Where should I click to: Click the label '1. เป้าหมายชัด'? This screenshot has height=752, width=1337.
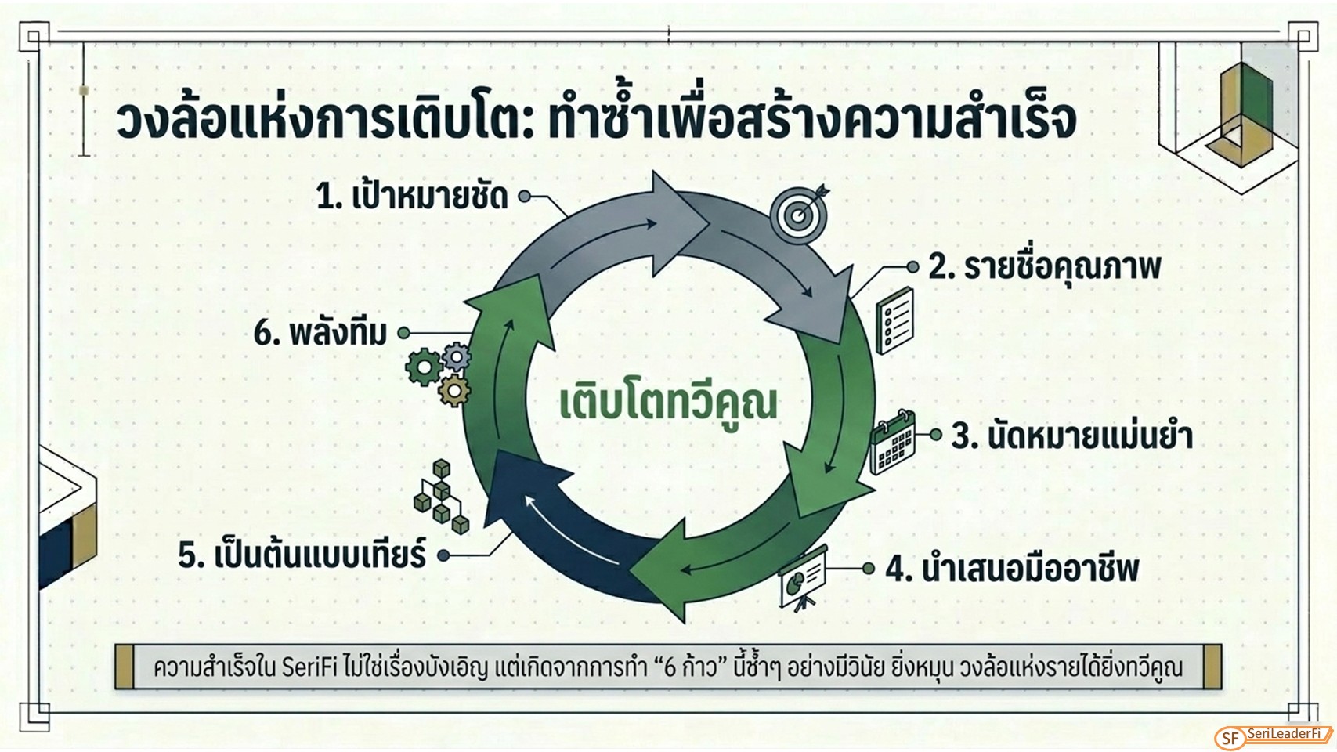(412, 195)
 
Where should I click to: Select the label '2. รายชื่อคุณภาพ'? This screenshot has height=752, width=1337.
(1045, 266)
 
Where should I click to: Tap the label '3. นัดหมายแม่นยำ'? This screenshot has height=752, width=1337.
(1071, 435)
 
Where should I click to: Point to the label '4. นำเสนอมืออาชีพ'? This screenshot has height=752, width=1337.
(1012, 568)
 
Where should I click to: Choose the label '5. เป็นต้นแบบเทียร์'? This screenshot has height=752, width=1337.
(302, 553)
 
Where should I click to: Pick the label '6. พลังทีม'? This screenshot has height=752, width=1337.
(320, 332)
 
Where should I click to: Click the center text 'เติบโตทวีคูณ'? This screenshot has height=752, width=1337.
(669, 403)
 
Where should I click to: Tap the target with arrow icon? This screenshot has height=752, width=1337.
(800, 212)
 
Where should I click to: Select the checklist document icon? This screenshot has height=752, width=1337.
(894, 320)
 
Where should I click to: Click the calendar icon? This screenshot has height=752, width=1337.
(892, 443)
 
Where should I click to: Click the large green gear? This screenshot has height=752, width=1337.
(424, 367)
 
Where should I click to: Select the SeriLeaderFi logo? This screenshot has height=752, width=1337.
(1273, 737)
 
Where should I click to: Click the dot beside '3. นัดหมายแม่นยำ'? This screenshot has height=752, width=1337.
(936, 435)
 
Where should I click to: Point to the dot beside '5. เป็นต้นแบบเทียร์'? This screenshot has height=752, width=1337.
(443, 555)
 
